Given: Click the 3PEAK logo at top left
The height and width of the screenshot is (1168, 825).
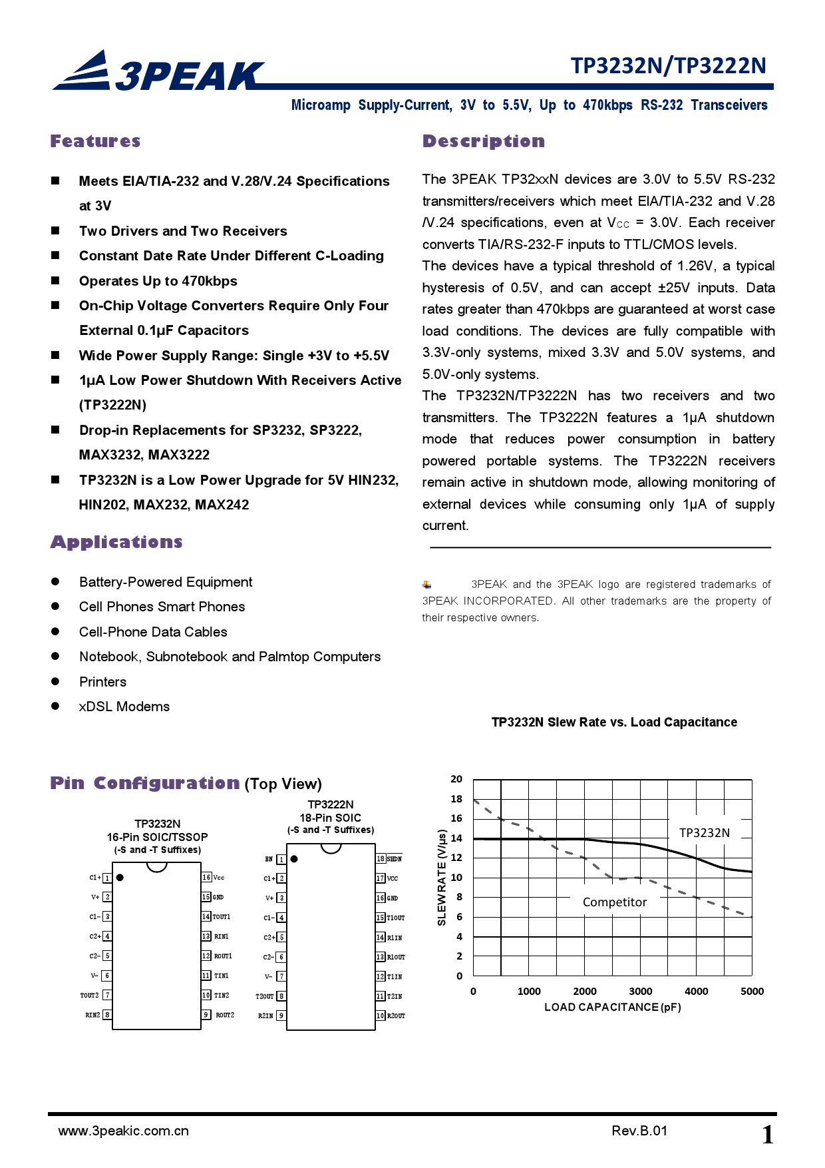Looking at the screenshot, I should point(158,71).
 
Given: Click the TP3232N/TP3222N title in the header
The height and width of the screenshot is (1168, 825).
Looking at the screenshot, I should point(668,65).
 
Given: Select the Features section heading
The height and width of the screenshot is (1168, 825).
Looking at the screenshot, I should point(95,141).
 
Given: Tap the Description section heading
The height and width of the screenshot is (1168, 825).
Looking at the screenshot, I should point(484,141).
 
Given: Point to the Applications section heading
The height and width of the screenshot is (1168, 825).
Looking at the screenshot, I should point(116,542).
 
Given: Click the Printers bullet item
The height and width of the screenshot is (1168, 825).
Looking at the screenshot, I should point(102,682).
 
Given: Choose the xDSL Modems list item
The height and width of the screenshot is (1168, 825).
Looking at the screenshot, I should point(124,707).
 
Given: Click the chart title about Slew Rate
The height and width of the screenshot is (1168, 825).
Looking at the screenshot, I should point(613,723).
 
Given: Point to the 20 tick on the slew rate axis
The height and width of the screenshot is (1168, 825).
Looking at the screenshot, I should point(456,779).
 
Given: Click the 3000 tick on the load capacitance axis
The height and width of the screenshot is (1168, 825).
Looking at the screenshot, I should point(640,992).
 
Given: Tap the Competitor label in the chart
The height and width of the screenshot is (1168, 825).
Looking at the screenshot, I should point(614,902).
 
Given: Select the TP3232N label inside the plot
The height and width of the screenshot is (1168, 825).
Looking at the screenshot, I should point(704,833).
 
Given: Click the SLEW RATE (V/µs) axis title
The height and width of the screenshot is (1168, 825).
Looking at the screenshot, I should point(442,878).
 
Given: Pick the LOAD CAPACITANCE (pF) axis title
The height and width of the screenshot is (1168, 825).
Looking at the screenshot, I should point(612,1008).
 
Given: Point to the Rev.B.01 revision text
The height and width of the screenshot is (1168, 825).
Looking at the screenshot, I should point(639,1131).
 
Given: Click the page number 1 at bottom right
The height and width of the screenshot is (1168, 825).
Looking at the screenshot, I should point(767,1135).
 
